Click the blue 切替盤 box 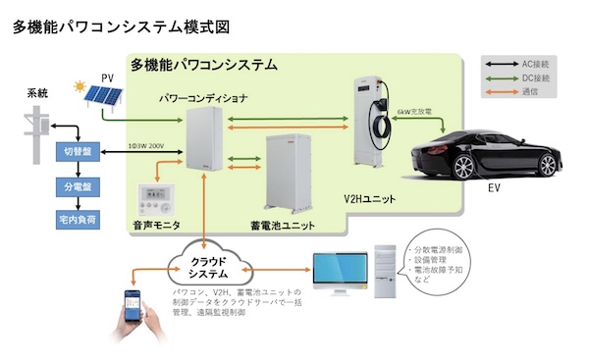point(76,152)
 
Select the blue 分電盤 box point(76,185)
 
